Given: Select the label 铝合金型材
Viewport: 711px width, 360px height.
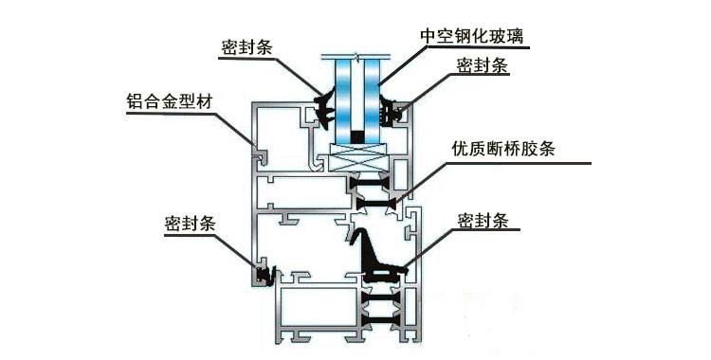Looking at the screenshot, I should pos(168,99).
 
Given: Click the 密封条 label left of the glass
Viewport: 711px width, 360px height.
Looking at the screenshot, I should pos(247,45).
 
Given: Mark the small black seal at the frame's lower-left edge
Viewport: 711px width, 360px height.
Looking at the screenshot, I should pos(262,276).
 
